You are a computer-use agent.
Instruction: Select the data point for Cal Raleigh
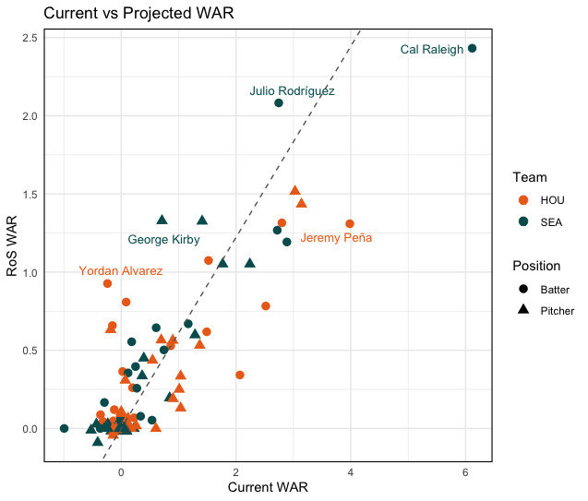point(473,48)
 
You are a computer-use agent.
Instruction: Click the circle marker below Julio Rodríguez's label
point(279,102)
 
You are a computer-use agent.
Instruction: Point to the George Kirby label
point(163,240)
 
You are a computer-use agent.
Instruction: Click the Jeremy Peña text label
point(337,238)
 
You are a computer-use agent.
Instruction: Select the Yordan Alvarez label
point(121,271)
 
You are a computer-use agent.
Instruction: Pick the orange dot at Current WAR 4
point(350,224)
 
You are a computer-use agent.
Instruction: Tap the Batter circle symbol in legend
point(523,289)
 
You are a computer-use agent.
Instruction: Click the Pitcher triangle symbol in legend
point(523,310)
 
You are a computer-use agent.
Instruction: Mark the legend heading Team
point(531,177)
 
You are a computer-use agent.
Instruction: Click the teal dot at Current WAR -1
point(64,428)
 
